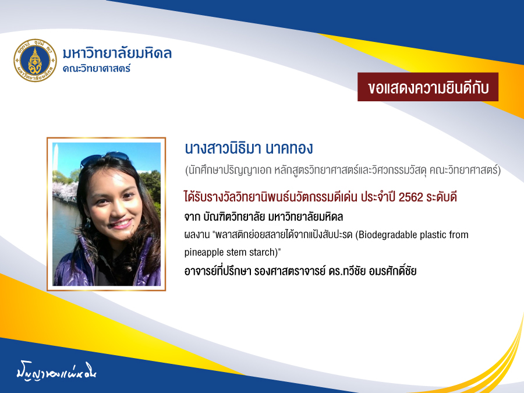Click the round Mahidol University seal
tap(35, 61)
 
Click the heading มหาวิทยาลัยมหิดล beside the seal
tap(117, 54)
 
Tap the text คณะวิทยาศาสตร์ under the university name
tap(97, 68)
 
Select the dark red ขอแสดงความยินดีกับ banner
tap(428, 87)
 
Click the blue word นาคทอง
tap(289, 148)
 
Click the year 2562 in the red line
tap(410, 197)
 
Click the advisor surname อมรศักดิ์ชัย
tap(392, 270)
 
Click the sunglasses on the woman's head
tap(105, 159)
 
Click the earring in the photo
tap(88, 222)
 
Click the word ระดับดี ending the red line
tap(441, 197)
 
